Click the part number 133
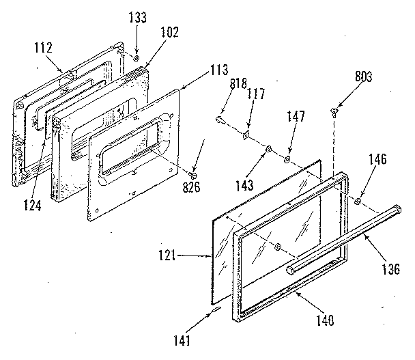click(137, 18)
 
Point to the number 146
click(378, 161)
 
